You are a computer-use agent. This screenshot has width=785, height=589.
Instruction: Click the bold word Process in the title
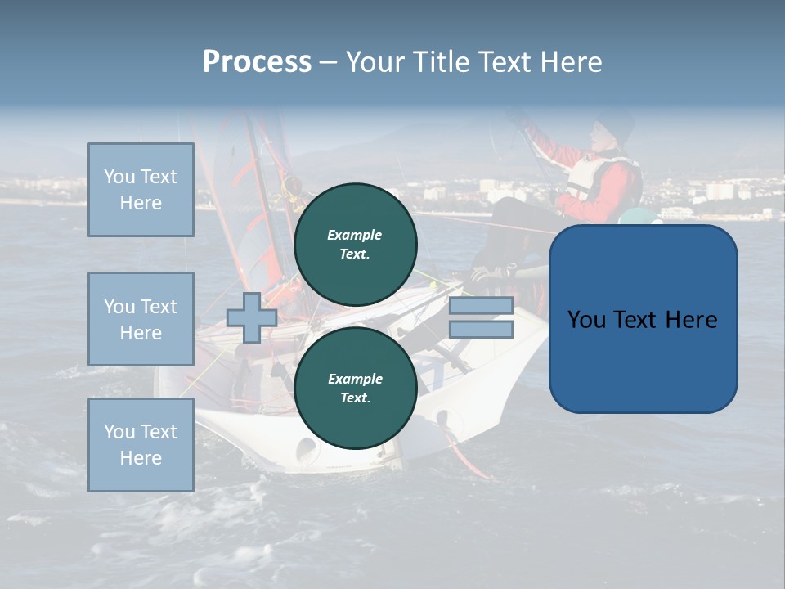[x=257, y=62]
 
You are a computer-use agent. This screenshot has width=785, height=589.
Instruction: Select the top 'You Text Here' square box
[x=141, y=190]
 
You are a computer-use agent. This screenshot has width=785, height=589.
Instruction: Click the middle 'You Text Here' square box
[x=141, y=319]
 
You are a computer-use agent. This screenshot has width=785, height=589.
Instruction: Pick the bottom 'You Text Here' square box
[x=141, y=445]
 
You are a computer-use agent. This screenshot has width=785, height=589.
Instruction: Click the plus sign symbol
[x=251, y=317]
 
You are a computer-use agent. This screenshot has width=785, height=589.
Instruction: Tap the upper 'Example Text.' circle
[x=355, y=244]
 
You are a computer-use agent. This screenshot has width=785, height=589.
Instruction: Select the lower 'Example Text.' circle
[x=355, y=388]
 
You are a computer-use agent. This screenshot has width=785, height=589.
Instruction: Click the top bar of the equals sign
[x=481, y=306]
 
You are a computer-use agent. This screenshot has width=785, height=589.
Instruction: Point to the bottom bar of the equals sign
[x=481, y=330]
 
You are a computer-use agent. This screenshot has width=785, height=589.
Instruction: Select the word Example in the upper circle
[x=355, y=235]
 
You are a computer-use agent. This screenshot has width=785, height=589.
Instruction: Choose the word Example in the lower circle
[x=355, y=379]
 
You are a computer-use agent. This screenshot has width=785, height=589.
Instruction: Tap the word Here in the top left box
[x=141, y=203]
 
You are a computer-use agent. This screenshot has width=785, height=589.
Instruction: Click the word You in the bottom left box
[x=119, y=432]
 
